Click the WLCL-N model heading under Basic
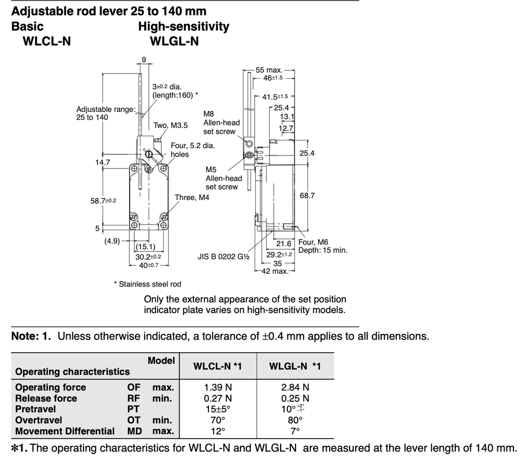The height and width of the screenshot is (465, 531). pyautogui.click(x=47, y=41)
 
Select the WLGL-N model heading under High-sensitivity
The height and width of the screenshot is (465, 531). pyautogui.click(x=174, y=41)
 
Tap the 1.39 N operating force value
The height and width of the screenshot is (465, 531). pyautogui.click(x=218, y=387)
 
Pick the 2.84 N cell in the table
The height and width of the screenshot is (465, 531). pyautogui.click(x=295, y=387)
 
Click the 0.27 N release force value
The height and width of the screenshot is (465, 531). pyautogui.click(x=218, y=398)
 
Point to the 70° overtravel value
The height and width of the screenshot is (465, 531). pyautogui.click(x=218, y=420)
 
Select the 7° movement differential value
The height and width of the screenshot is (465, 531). pyautogui.click(x=295, y=431)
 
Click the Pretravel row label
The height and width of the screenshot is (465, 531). pyautogui.click(x=36, y=409)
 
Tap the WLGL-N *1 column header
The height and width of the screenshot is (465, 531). pyautogui.click(x=295, y=367)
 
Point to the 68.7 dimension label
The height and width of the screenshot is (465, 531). pyautogui.click(x=307, y=195)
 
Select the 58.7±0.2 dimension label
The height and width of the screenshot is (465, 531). pyautogui.click(x=103, y=200)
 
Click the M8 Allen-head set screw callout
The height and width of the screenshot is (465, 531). pyautogui.click(x=221, y=122)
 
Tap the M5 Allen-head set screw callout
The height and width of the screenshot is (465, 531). pyautogui.click(x=223, y=178)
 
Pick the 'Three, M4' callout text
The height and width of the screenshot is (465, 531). pyautogui.click(x=192, y=198)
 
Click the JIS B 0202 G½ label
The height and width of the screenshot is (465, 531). pyautogui.click(x=224, y=256)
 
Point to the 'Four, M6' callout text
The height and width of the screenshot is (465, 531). pyautogui.click(x=313, y=242)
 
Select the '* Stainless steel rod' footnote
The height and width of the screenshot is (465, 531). pyautogui.click(x=147, y=284)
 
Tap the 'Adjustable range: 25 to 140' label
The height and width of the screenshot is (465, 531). pyautogui.click(x=106, y=113)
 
